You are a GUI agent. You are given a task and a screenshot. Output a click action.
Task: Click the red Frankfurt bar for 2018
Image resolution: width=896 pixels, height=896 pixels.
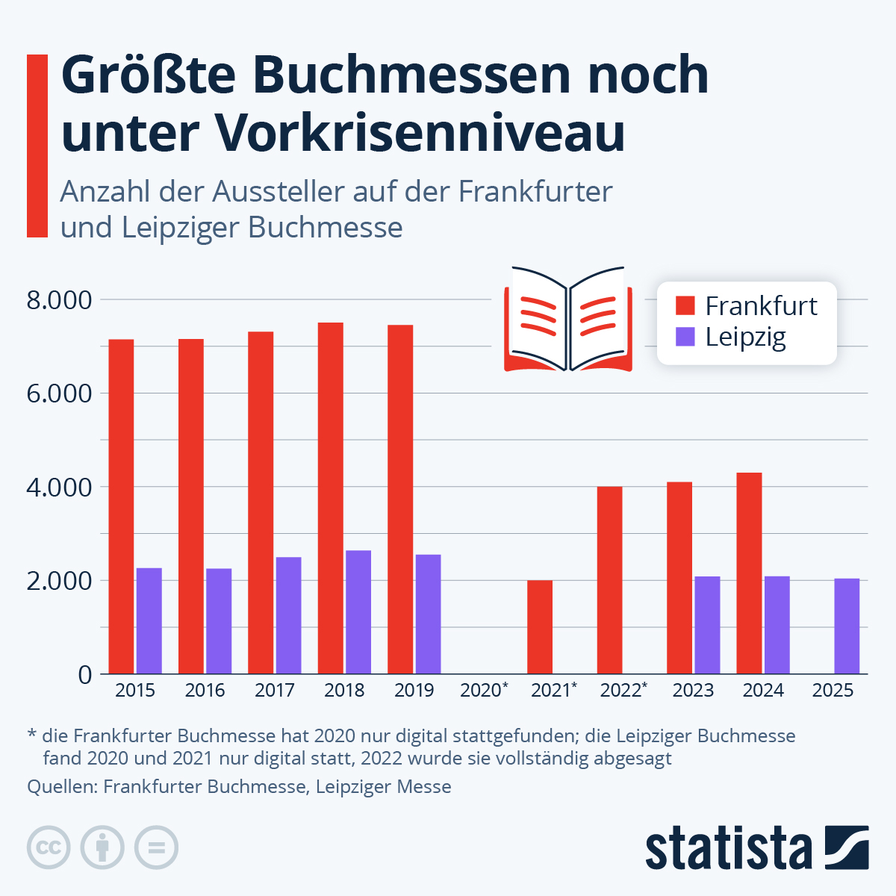[330, 498]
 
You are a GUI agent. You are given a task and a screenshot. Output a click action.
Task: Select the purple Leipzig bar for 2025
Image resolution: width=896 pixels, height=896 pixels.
[847, 626]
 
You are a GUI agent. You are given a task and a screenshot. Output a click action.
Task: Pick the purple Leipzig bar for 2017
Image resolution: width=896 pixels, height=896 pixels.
[288, 615]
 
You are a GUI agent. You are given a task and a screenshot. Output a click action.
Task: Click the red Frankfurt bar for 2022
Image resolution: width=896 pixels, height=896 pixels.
[609, 580]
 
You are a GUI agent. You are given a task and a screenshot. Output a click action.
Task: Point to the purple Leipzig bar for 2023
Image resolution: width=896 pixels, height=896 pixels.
[707, 625]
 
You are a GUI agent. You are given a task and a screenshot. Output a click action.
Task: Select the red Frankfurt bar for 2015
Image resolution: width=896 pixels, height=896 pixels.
[121, 506]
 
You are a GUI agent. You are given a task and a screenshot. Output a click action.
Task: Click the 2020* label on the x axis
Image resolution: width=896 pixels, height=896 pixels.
[484, 690]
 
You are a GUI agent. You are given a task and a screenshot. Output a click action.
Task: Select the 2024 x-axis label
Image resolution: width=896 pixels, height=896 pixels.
[762, 690]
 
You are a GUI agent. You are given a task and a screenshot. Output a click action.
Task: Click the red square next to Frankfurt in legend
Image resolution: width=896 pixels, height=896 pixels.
[685, 305]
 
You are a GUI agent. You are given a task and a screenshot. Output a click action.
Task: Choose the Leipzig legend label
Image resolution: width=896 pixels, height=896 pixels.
[745, 337]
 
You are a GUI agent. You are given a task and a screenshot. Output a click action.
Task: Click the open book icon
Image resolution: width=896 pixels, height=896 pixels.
[568, 319]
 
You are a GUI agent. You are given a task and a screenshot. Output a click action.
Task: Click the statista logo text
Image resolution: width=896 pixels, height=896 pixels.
[729, 848]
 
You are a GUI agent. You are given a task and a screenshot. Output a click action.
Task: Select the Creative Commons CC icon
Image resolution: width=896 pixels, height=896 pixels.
[49, 848]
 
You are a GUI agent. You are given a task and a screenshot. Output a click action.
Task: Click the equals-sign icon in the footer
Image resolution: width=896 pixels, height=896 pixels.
[156, 848]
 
